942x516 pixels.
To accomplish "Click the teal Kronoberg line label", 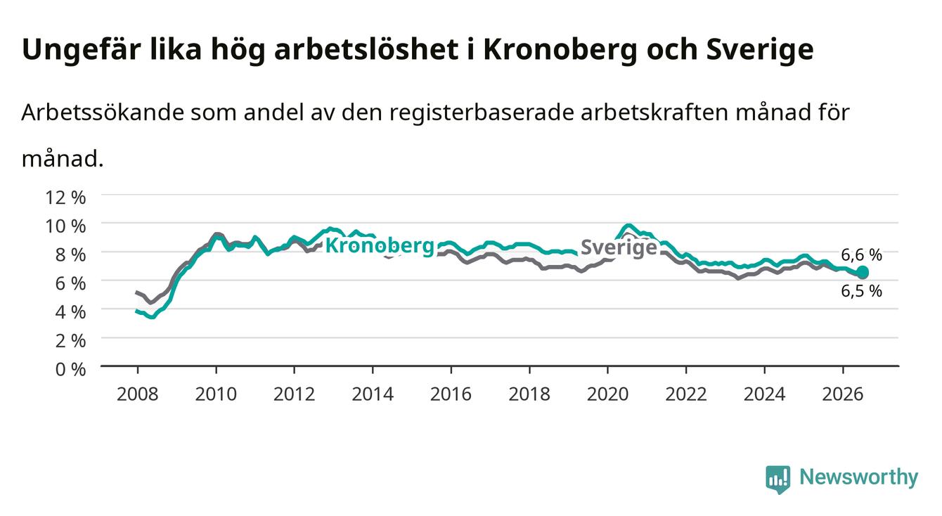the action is click(x=380, y=245).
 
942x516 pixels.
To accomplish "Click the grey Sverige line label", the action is click(x=619, y=247).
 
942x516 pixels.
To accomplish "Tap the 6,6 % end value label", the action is click(x=861, y=255).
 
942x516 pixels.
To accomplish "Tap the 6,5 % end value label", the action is click(x=861, y=291).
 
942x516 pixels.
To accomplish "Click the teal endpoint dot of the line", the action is click(x=863, y=271).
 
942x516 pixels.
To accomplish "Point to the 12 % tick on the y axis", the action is click(x=65, y=198).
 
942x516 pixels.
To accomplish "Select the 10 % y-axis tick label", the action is click(x=65, y=226).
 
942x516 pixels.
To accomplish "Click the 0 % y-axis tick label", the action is click(x=70, y=369).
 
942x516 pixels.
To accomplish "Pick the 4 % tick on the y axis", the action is click(x=70, y=312).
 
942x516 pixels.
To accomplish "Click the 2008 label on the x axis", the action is click(x=138, y=394).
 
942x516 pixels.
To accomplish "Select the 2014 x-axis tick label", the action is click(x=373, y=394).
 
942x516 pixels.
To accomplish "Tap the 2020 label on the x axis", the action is click(x=607, y=394).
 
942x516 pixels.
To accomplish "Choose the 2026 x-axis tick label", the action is click(x=843, y=394).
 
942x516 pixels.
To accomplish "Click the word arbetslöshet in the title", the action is click(x=366, y=49).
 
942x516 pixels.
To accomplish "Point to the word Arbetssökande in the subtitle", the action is click(x=103, y=112).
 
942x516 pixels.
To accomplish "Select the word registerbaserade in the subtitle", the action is click(x=482, y=113).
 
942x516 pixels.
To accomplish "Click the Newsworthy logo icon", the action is click(x=778, y=479).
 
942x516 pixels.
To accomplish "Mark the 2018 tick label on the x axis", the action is click(x=529, y=394).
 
